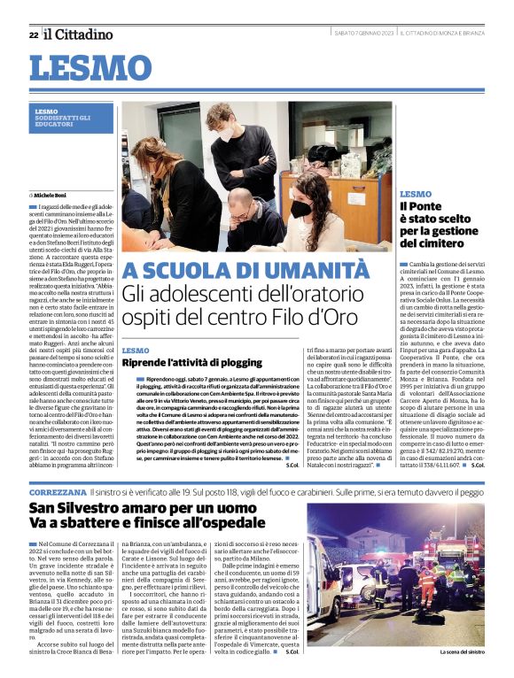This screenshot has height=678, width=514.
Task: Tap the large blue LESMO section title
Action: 90,68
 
